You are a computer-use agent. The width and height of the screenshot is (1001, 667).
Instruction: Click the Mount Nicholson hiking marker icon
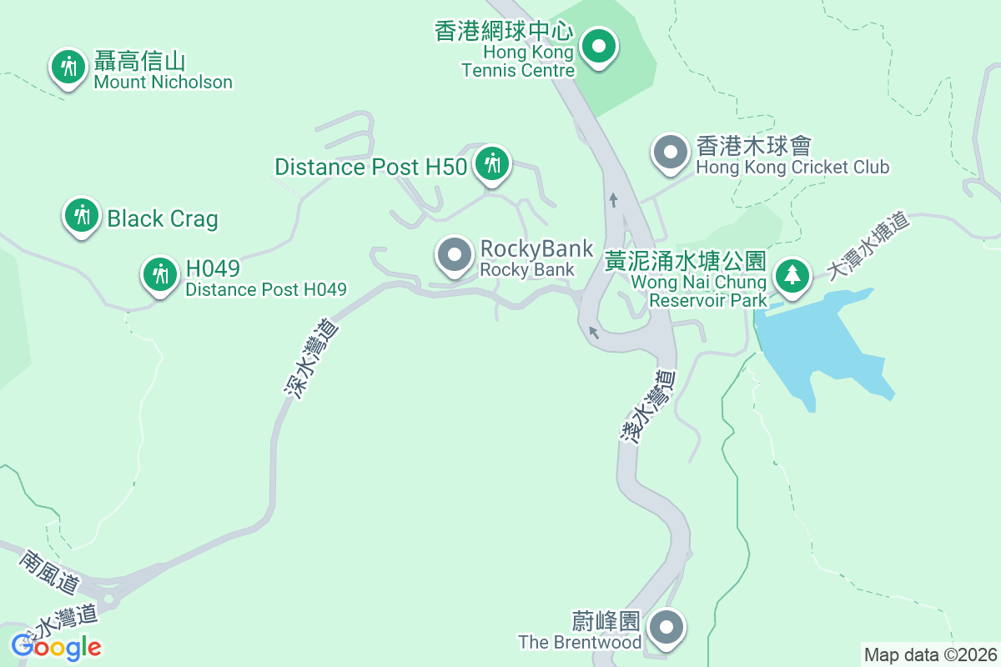[x=68, y=68]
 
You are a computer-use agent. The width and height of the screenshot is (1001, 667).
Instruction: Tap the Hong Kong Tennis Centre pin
[x=597, y=46]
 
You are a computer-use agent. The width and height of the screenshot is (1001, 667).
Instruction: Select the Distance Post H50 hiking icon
[x=492, y=164]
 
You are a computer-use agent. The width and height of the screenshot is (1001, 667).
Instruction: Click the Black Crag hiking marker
[x=81, y=216]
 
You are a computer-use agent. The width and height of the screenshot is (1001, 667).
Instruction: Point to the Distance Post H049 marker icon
[x=158, y=274]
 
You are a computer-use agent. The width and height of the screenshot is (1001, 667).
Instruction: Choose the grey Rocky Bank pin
[x=455, y=255]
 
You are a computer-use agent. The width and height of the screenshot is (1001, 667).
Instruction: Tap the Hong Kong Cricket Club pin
[x=670, y=153]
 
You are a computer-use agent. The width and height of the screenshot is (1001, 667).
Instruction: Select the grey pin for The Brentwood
[x=666, y=628]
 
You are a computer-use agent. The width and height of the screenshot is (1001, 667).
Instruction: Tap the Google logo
[x=56, y=646]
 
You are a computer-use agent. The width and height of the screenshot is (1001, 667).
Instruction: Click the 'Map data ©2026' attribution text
[x=930, y=654]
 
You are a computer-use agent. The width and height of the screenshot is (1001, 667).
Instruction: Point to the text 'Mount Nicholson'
[x=163, y=82]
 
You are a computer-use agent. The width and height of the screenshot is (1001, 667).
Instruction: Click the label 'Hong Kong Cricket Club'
[x=792, y=167]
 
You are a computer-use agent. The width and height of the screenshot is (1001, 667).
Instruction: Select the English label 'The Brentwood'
[x=580, y=642]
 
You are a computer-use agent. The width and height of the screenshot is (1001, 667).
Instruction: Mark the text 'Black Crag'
[x=163, y=218]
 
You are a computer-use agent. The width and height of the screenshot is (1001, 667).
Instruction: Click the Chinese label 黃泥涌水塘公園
[x=687, y=262]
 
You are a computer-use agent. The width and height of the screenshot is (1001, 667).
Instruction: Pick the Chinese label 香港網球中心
[x=504, y=32]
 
